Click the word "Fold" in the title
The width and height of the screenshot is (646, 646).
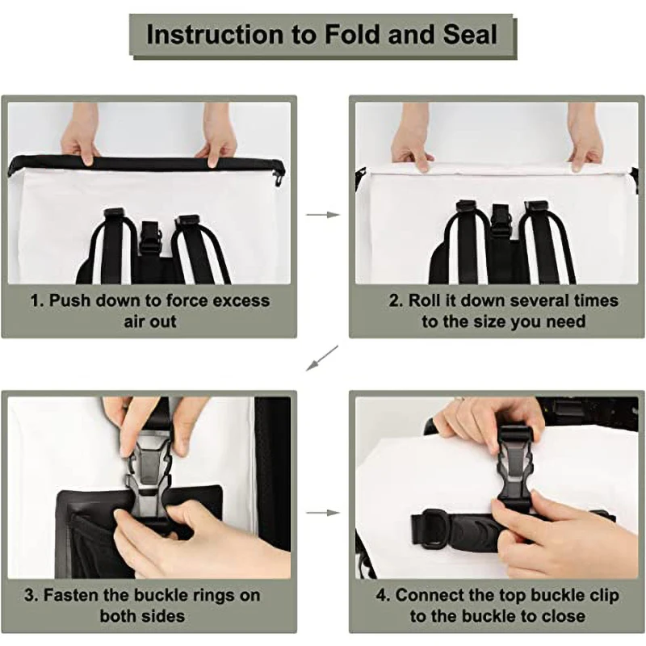click(352, 34)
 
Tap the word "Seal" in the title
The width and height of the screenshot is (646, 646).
click(471, 34)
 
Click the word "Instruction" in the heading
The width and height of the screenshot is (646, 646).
click(215, 34)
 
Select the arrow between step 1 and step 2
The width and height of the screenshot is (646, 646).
click(322, 214)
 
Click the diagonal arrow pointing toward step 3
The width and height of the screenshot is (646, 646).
click(321, 358)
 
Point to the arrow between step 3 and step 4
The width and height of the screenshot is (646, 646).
click(322, 513)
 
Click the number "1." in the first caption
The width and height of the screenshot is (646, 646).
click(37, 300)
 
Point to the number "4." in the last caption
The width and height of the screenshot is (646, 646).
click(383, 595)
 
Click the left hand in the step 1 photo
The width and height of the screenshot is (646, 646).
click(80, 136)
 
